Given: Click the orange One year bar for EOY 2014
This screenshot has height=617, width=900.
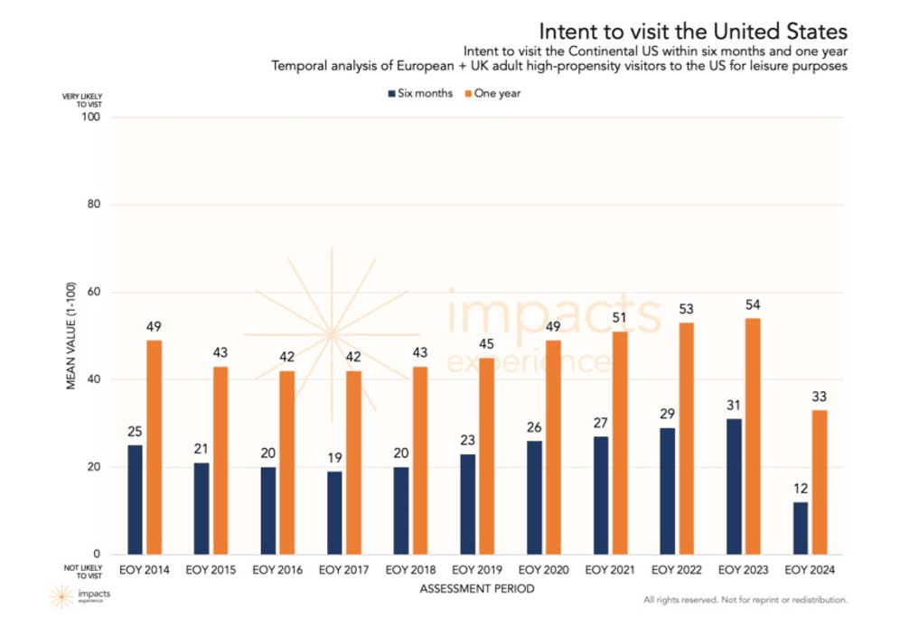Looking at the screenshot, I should tap(154, 447).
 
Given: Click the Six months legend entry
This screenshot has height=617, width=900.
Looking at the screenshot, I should tap(419, 93).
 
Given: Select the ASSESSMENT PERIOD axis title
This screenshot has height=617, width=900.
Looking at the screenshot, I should tap(476, 589).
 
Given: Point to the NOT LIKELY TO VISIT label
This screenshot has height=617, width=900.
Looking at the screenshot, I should tap(82, 571).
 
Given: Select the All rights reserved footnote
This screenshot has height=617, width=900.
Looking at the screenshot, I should tap(745, 600).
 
